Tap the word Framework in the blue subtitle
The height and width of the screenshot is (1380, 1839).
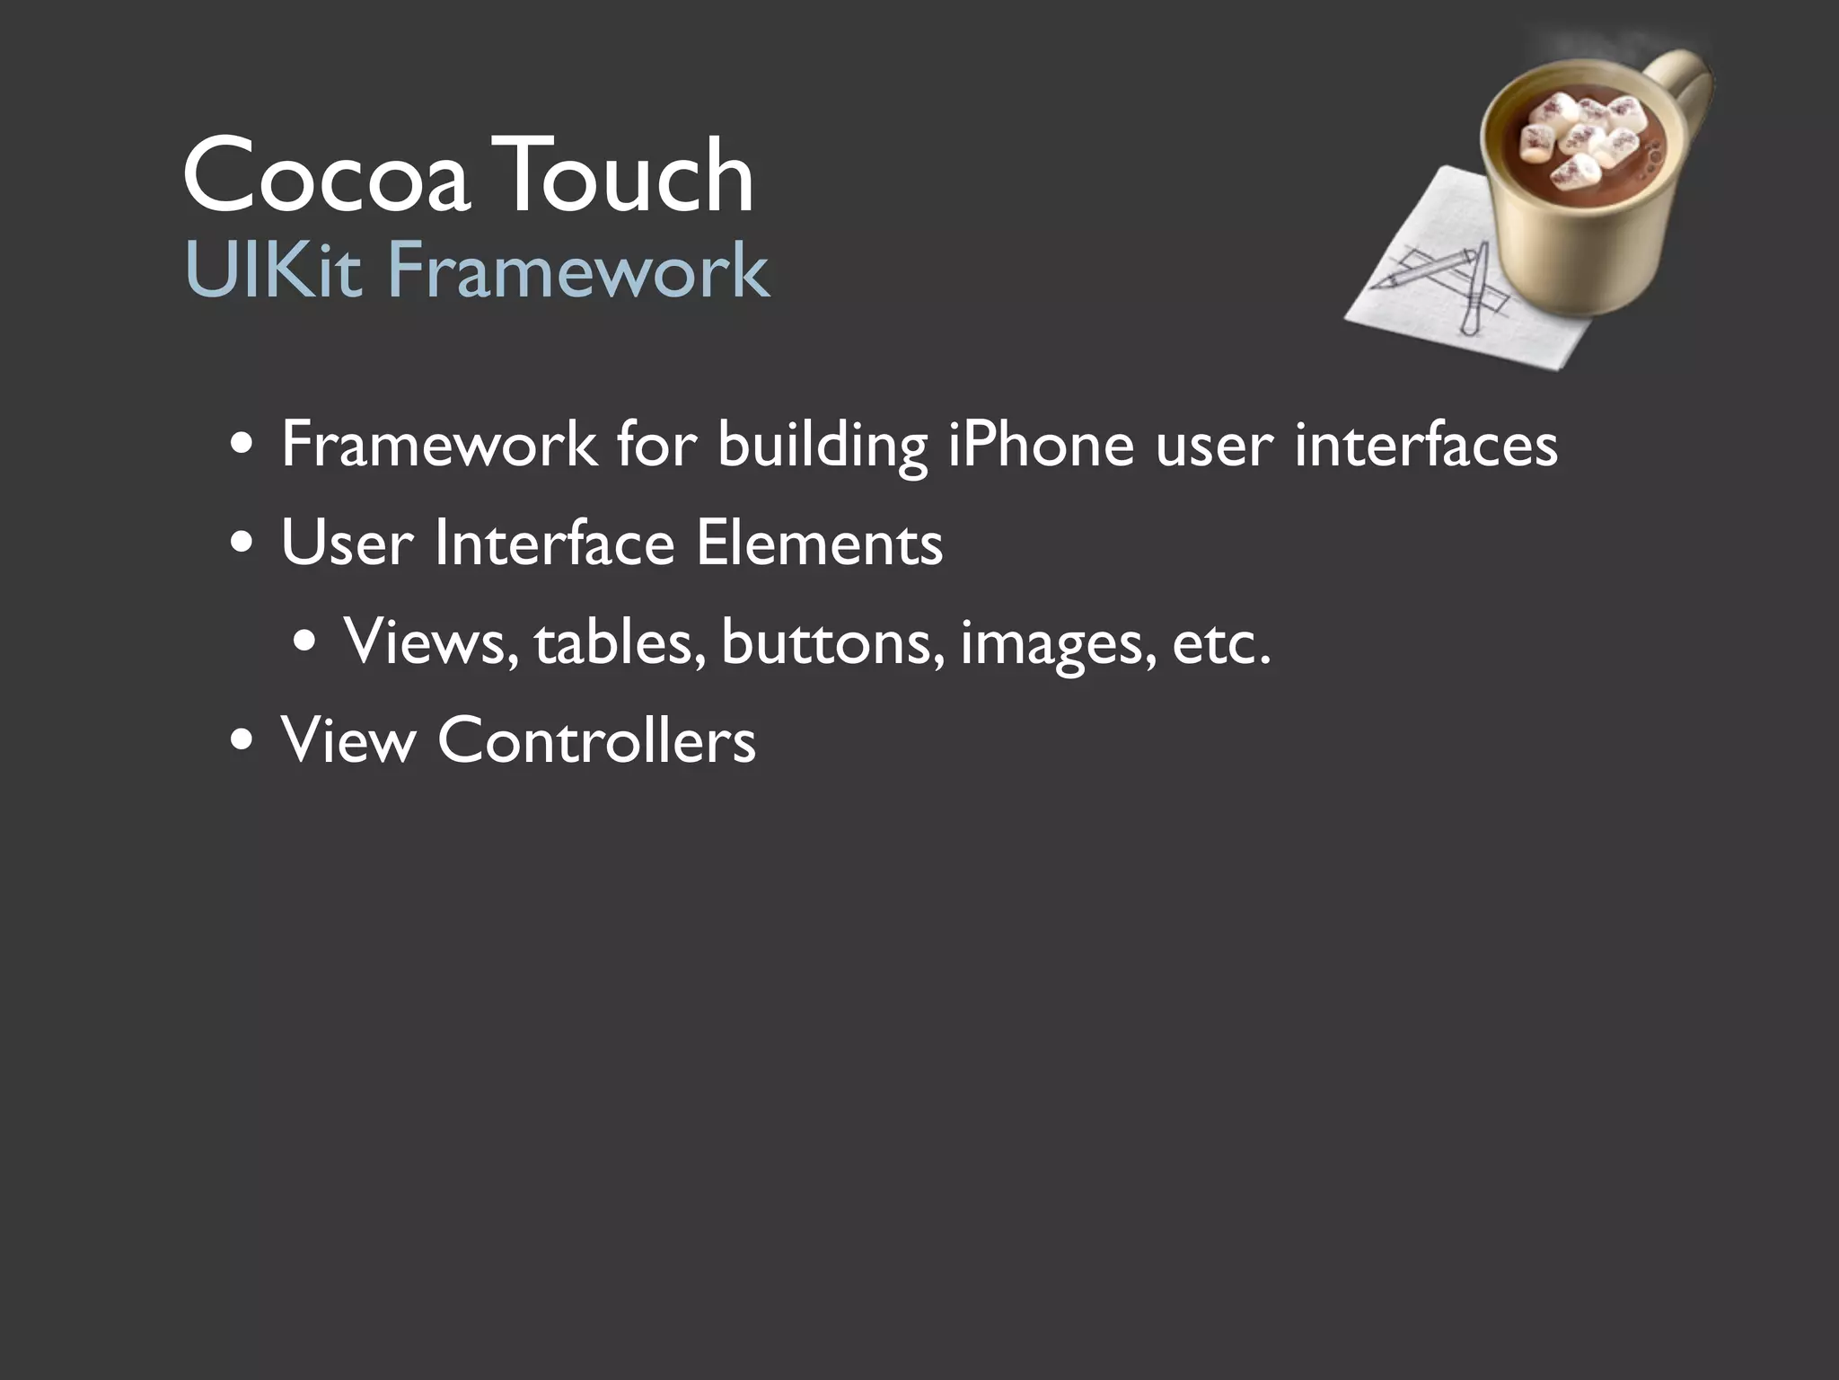pyautogui.click(x=578, y=270)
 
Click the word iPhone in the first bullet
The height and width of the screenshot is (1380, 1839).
pyautogui.click(x=1042, y=445)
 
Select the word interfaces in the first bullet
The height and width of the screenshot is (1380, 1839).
pyautogui.click(x=1426, y=445)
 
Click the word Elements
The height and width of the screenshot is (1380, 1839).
pyautogui.click(x=819, y=544)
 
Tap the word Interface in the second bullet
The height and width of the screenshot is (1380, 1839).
pyautogui.click(x=553, y=544)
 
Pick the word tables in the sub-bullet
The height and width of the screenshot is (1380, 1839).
pyautogui.click(x=620, y=642)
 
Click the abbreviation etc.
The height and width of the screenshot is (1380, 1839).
pyautogui.click(x=1221, y=643)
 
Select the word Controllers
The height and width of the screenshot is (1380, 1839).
pyautogui.click(x=596, y=741)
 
